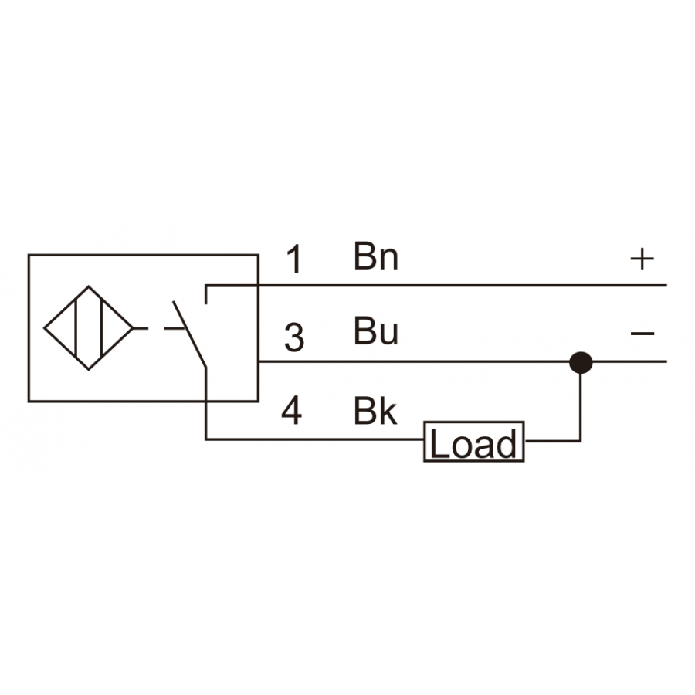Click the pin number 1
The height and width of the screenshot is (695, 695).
(295, 259)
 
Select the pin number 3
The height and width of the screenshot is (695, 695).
(294, 337)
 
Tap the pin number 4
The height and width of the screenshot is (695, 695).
(292, 411)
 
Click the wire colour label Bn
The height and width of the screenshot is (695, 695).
(376, 256)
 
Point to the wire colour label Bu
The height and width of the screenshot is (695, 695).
(376, 331)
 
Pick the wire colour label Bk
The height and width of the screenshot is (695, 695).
(375, 411)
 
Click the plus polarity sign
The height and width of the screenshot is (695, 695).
(642, 259)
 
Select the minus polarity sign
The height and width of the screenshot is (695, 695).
(642, 334)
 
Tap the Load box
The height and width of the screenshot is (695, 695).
(474, 442)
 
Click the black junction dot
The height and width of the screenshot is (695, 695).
(581, 363)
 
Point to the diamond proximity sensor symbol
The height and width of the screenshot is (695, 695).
(89, 328)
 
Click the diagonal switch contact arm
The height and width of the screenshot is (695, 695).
(190, 334)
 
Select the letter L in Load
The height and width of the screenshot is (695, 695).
(439, 443)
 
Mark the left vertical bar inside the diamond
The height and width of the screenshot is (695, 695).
(76, 328)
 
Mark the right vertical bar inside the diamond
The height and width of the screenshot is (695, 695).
(102, 328)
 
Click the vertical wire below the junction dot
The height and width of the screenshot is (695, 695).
(581, 408)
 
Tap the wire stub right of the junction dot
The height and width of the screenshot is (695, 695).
(629, 361)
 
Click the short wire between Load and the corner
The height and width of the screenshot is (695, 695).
(552, 441)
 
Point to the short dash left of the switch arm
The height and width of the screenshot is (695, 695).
(175, 328)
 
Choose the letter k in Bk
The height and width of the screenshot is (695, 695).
(388, 411)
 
